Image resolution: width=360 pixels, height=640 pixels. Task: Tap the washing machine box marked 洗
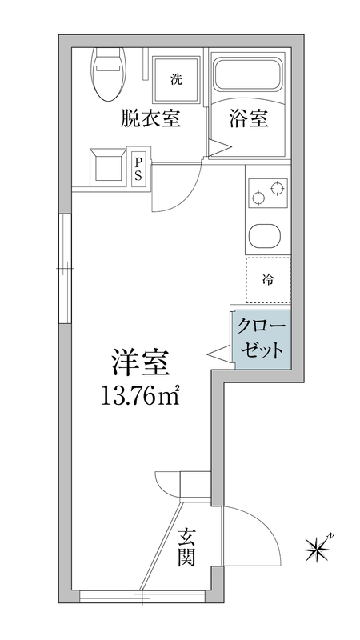click(x=174, y=78)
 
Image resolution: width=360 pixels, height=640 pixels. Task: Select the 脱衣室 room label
click(x=150, y=119)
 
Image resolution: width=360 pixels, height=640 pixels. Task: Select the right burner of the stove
click(x=277, y=189)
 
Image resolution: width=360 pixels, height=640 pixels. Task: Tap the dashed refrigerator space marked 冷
click(x=267, y=280)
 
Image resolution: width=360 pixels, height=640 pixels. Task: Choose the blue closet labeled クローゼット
click(x=259, y=340)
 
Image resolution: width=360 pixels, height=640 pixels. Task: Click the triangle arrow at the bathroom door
click(x=218, y=146)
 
